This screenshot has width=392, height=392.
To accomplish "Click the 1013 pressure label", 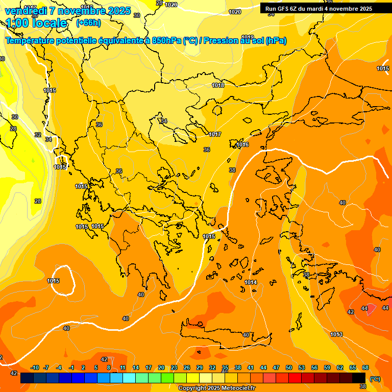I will pyautogui.click(x=336, y=334).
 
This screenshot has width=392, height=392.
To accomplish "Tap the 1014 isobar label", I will pyautogui.click(x=251, y=282).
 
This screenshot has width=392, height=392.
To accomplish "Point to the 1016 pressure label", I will pyautogui.click(x=242, y=145).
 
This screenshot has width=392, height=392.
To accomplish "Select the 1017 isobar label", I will pyautogui.click(x=215, y=134).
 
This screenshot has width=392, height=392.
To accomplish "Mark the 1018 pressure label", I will pyautogui.click(x=218, y=85).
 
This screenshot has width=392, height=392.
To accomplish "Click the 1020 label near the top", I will pyautogui.click(x=235, y=12).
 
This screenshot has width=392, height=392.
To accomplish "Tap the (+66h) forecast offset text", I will pyautogui.click(x=88, y=23).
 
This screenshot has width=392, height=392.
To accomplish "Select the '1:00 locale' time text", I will pyautogui.click(x=37, y=23).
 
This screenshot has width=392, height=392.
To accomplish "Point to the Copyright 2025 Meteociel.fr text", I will pyautogui.click(x=216, y=388).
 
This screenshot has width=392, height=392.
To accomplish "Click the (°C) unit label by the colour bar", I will pyautogui.click(x=374, y=379).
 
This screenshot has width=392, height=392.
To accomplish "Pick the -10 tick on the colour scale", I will pyautogui.click(x=35, y=367).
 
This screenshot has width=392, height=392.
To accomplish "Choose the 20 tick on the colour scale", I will pyautogui.click(x=161, y=367).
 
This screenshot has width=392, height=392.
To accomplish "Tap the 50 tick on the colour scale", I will pyautogui.click(x=289, y=367).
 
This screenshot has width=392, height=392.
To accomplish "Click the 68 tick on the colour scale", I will pyautogui.click(x=365, y=367).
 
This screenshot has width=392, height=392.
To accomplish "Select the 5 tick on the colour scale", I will pyautogui.click(x=96, y=367).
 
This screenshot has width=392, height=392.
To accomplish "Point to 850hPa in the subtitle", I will pyautogui.click(x=166, y=41).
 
